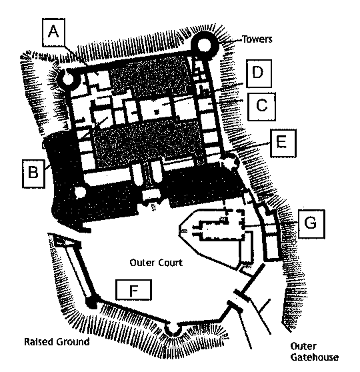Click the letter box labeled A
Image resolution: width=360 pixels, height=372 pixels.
pyautogui.click(x=53, y=32)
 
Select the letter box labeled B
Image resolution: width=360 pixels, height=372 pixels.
pyautogui.click(x=33, y=173)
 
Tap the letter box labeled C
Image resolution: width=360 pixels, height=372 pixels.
pyautogui.click(x=261, y=106)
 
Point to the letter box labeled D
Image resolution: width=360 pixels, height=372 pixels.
pyautogui.click(x=259, y=73)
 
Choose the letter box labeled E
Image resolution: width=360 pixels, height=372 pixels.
pyautogui.click(x=283, y=143)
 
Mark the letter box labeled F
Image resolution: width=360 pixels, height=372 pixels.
pyautogui.click(x=133, y=290)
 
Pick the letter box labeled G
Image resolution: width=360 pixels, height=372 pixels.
pyautogui.click(x=311, y=223)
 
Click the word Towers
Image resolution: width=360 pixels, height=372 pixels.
pyautogui.click(x=257, y=39)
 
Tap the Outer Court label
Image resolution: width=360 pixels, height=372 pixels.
pyautogui.click(x=157, y=263)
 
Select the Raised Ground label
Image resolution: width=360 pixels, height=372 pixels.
pyautogui.click(x=57, y=342)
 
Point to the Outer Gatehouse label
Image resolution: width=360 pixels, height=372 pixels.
pyautogui.click(x=315, y=351)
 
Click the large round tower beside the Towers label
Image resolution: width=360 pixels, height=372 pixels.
pyautogui.click(x=204, y=45)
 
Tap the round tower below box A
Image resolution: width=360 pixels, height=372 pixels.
pyautogui.click(x=68, y=79)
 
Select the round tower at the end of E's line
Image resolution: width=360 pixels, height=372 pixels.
pyautogui.click(x=229, y=162)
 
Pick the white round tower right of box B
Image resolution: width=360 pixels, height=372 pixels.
pyautogui.click(x=80, y=192)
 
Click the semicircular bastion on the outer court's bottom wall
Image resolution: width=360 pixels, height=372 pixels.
pyautogui.click(x=173, y=330)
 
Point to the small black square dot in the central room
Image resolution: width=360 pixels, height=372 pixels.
pyautogui.click(x=156, y=111)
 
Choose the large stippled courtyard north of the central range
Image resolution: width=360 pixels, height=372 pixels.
pyautogui.click(x=149, y=76)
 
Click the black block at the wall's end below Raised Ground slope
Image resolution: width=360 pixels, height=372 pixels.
pyautogui.click(x=91, y=303)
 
